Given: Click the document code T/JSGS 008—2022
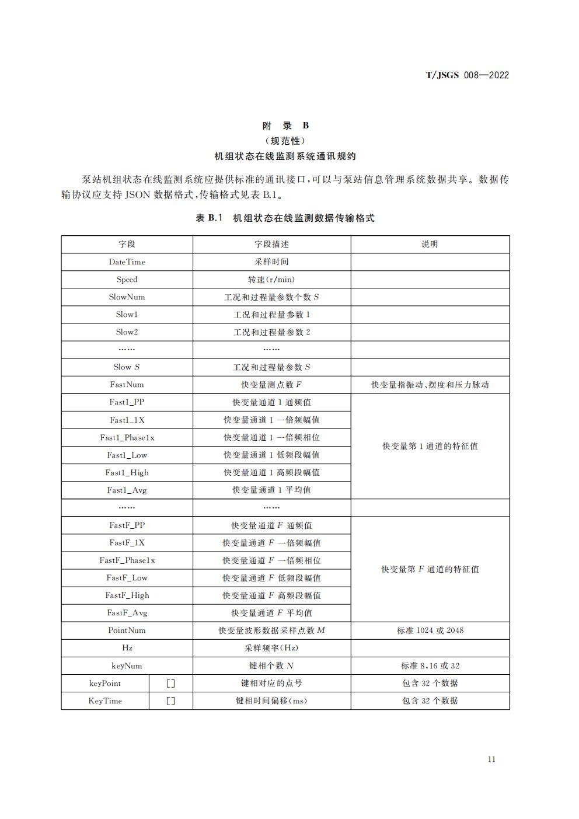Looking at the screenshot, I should (467, 75).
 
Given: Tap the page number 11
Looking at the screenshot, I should (491, 759).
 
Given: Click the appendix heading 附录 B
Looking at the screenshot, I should (285, 126).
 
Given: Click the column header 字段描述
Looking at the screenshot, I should (271, 244).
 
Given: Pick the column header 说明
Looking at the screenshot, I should (430, 244).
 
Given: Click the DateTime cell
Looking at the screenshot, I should (127, 262).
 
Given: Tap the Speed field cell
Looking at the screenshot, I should (127, 280).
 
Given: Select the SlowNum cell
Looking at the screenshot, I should (127, 297).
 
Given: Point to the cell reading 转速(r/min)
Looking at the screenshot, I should (271, 280).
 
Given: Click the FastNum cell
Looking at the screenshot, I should (127, 385).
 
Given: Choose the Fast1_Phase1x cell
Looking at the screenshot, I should (127, 437).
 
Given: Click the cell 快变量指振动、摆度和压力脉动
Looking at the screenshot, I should (430, 385).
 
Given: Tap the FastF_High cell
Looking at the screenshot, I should (127, 595).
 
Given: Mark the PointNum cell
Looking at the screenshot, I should (127, 630).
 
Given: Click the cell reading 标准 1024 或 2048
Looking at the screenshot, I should (430, 630).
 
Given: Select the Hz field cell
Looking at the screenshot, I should (127, 648).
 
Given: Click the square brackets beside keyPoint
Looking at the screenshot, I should (170, 683).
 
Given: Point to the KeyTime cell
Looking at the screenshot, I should (105, 700).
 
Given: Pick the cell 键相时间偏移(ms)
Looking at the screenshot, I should (271, 700).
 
